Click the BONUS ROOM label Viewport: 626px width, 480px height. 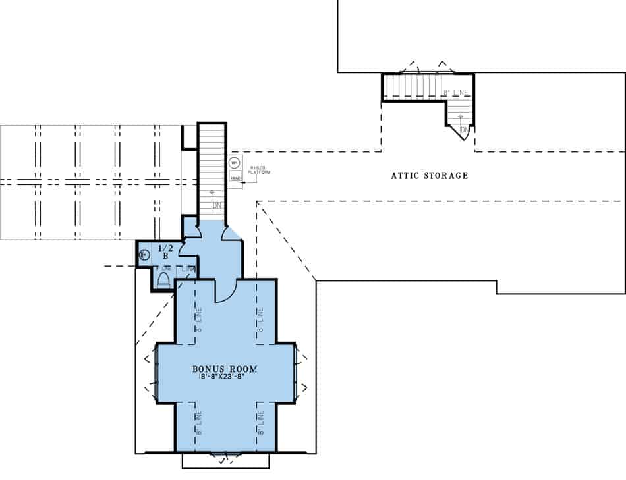click(x=225, y=369)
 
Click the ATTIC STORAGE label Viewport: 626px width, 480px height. click(x=429, y=176)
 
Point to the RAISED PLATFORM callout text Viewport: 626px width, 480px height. click(x=258, y=171)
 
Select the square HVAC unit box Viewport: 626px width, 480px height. click(x=234, y=177)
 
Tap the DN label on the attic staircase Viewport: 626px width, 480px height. click(x=465, y=130)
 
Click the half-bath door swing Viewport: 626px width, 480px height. click(x=186, y=248)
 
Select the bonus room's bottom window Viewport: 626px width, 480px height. click(x=225, y=454)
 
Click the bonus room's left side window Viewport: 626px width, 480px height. click(x=153, y=371)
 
